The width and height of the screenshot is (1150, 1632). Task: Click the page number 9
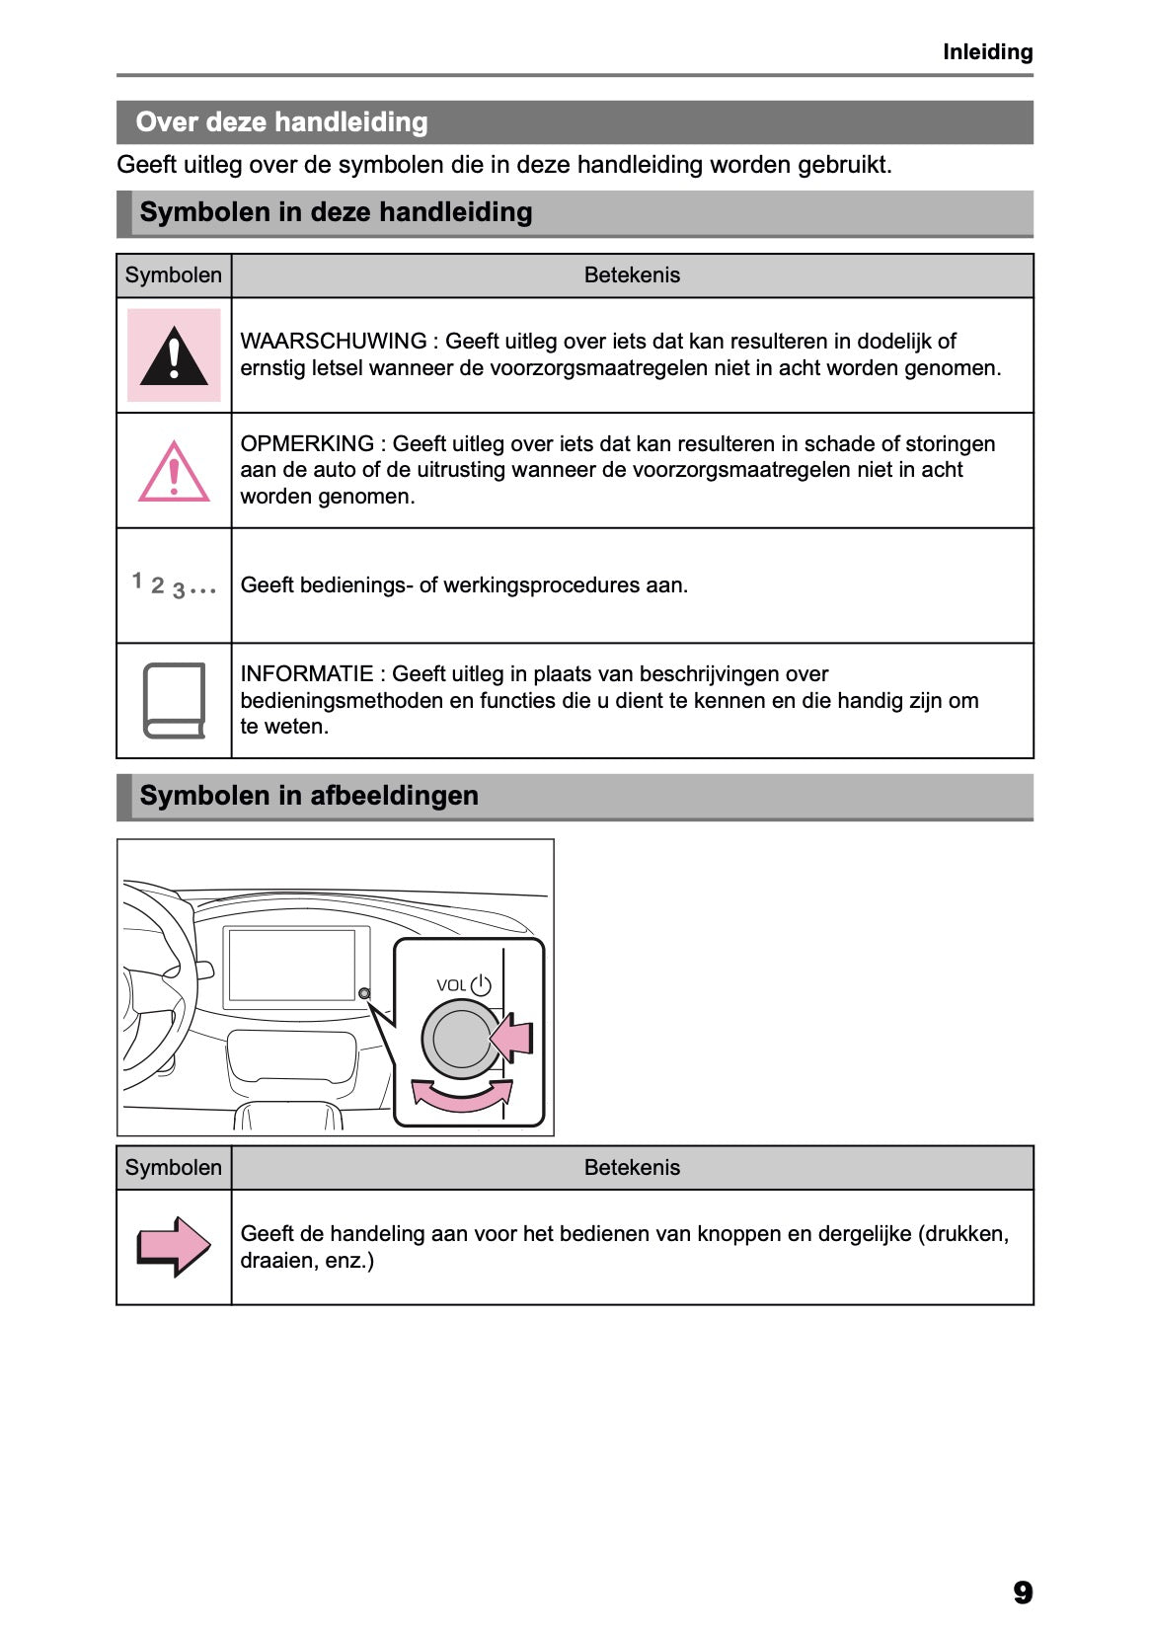[1022, 1592]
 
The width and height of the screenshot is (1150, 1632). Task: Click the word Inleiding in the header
[986, 51]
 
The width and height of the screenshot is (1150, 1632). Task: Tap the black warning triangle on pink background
[174, 355]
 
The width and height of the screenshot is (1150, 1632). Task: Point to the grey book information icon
[174, 700]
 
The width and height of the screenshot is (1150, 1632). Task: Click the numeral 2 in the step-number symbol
[157, 585]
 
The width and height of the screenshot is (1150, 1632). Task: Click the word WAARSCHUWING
[333, 341]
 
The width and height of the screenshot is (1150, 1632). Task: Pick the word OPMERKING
[307, 443]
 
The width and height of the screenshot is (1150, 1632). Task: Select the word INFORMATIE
[306, 673]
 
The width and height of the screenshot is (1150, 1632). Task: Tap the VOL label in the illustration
[450, 985]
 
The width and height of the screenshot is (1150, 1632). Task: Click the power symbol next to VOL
[481, 984]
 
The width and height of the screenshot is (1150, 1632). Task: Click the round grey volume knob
[460, 1039]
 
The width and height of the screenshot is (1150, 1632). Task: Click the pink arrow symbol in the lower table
[174, 1246]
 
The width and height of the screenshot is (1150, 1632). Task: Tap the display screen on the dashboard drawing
[291, 965]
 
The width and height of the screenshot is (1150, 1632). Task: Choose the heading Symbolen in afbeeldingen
[308, 796]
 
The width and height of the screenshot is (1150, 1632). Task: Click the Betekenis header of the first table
[632, 275]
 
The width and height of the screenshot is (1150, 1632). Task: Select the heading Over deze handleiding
[281, 122]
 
